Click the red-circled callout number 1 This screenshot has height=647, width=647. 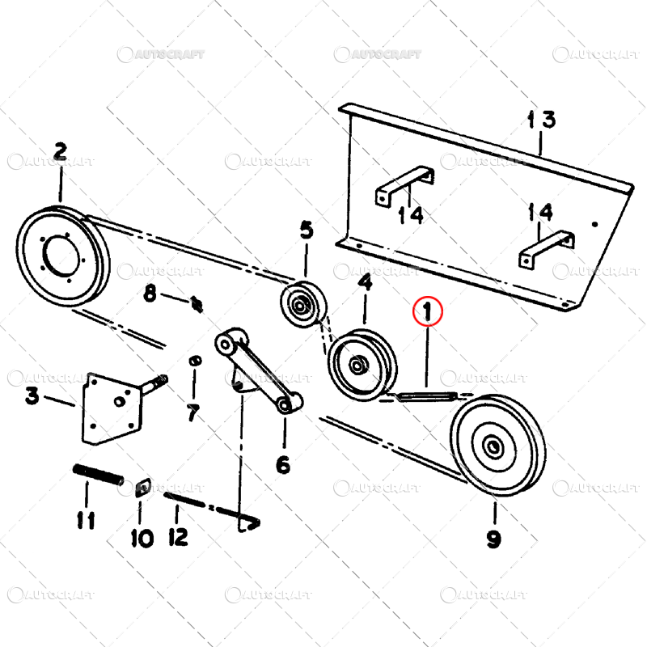click(x=428, y=311)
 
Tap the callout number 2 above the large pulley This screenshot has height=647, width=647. click(x=60, y=151)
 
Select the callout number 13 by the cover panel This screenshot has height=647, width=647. click(x=542, y=120)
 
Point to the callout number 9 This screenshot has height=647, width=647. click(x=494, y=538)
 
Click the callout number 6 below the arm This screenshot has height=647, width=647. click(x=283, y=464)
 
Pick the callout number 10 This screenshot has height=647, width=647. click(x=142, y=538)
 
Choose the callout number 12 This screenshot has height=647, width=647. click(x=178, y=536)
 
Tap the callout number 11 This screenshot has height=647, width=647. click(x=86, y=520)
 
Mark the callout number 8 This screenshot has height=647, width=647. click(x=150, y=294)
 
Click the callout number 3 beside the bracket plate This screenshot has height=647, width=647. click(x=32, y=395)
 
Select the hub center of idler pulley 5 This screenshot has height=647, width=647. click(x=299, y=307)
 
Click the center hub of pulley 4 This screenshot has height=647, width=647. click(x=356, y=365)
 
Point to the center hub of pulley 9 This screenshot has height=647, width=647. click(x=493, y=446)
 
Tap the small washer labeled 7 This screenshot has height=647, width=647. click(x=195, y=361)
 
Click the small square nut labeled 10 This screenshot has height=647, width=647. click(x=143, y=488)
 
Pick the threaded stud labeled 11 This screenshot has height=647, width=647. click(x=98, y=475)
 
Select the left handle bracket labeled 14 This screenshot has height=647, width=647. click(x=404, y=185)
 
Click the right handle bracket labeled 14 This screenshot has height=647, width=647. click(x=546, y=249)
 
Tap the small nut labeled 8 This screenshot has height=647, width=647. click(x=197, y=304)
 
